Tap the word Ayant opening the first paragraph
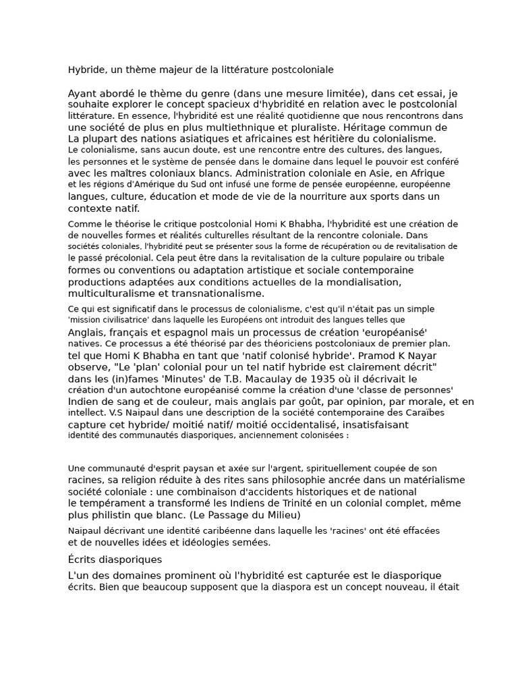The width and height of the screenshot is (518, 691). pos(83,93)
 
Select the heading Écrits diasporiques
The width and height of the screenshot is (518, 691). pos(115,559)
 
